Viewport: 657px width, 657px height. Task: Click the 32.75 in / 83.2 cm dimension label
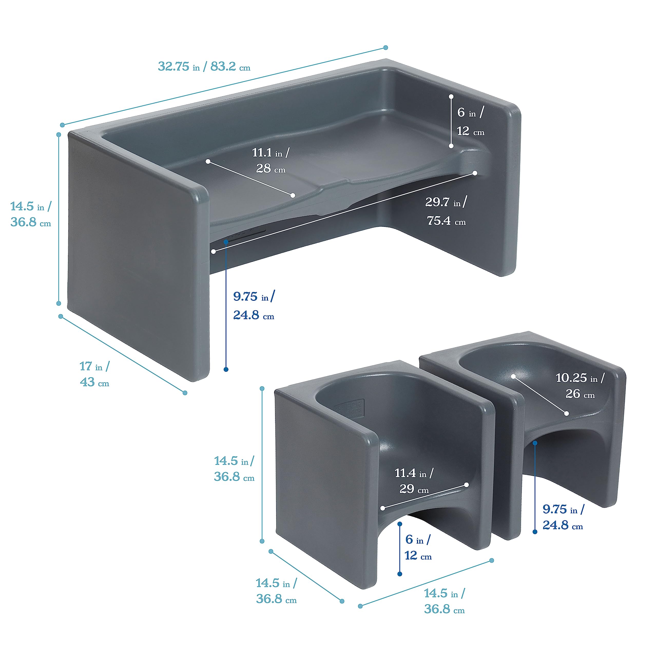point(204,66)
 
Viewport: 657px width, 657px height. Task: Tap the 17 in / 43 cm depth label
point(94,374)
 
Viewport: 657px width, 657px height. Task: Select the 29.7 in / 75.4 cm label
point(446,211)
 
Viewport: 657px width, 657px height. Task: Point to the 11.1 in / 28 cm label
point(271,160)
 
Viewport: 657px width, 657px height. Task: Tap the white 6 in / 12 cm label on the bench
point(471,121)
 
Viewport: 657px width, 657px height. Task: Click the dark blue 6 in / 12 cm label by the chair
point(418,547)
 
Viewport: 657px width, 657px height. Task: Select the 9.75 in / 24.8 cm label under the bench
point(254,306)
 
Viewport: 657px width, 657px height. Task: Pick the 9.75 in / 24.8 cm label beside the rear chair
point(563,517)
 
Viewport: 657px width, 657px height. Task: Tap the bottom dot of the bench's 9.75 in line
point(226,369)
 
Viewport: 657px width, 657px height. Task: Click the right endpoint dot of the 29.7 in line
point(475,173)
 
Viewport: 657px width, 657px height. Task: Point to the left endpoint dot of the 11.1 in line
point(208,161)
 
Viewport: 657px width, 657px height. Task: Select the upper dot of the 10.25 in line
point(514,376)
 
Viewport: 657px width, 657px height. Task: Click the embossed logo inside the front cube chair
point(349,407)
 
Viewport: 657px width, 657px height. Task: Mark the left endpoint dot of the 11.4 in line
point(383,508)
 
